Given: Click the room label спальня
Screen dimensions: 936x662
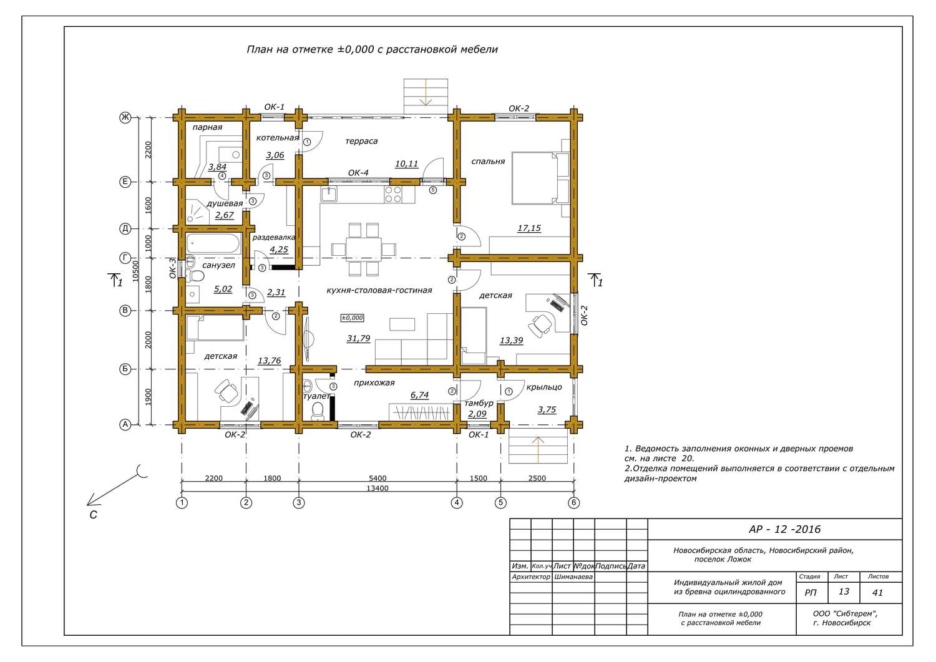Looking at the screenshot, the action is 487,162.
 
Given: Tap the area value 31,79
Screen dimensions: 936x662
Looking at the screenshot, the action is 358,338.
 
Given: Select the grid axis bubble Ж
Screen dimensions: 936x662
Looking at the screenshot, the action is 125,117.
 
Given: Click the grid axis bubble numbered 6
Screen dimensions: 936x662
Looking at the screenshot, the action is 573,502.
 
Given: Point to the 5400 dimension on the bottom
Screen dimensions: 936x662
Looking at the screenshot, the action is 377,478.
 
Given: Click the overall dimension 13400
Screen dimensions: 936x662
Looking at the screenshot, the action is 377,488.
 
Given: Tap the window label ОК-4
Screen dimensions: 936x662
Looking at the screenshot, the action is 358,173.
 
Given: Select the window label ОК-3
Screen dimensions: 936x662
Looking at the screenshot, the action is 173,268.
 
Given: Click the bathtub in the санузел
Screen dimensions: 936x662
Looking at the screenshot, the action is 213,244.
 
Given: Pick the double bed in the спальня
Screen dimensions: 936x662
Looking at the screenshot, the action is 541,178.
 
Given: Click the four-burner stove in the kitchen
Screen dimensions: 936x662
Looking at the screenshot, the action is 392,194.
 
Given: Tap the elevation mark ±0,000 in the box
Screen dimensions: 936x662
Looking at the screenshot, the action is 353,318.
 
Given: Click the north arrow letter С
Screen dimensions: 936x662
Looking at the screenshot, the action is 93,515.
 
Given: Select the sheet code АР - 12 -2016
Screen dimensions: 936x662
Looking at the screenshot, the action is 784,529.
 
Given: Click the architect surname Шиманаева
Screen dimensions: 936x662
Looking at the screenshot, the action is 573,577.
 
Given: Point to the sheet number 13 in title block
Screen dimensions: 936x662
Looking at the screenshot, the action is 844,591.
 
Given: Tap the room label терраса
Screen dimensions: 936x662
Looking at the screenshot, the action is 361,141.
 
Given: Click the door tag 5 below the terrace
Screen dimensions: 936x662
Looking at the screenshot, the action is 433,190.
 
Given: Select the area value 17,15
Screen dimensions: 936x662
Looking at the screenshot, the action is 529,228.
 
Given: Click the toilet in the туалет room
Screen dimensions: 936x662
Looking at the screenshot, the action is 318,411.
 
